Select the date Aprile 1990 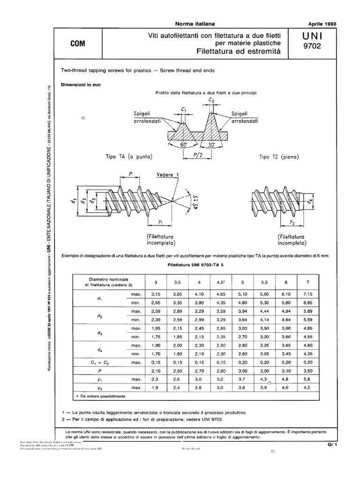click(x=323, y=23)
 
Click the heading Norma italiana click(x=191, y=23)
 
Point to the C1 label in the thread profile click(x=184, y=111)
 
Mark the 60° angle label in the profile click(x=184, y=145)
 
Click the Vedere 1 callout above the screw click(x=161, y=174)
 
